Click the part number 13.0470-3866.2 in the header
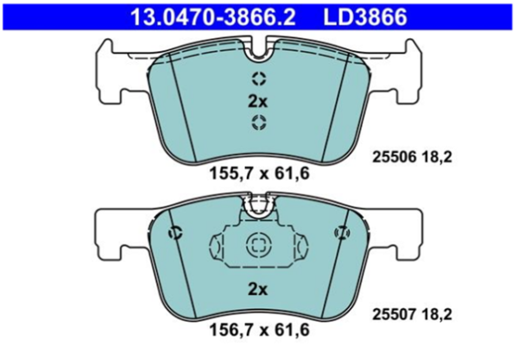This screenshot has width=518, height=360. [x=213, y=17]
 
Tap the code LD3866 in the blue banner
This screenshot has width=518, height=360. [x=365, y=17]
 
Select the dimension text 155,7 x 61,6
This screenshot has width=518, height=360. [x=260, y=174]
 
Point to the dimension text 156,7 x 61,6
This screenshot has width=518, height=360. [x=260, y=330]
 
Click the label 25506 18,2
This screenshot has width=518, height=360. [x=412, y=157]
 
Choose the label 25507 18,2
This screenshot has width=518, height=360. [x=412, y=314]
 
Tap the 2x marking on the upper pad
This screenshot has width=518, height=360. [x=257, y=102]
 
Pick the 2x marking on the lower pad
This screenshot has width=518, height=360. [x=257, y=290]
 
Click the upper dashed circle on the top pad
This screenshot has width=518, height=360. [x=259, y=79]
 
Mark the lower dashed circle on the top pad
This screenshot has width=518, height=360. [x=259, y=122]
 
